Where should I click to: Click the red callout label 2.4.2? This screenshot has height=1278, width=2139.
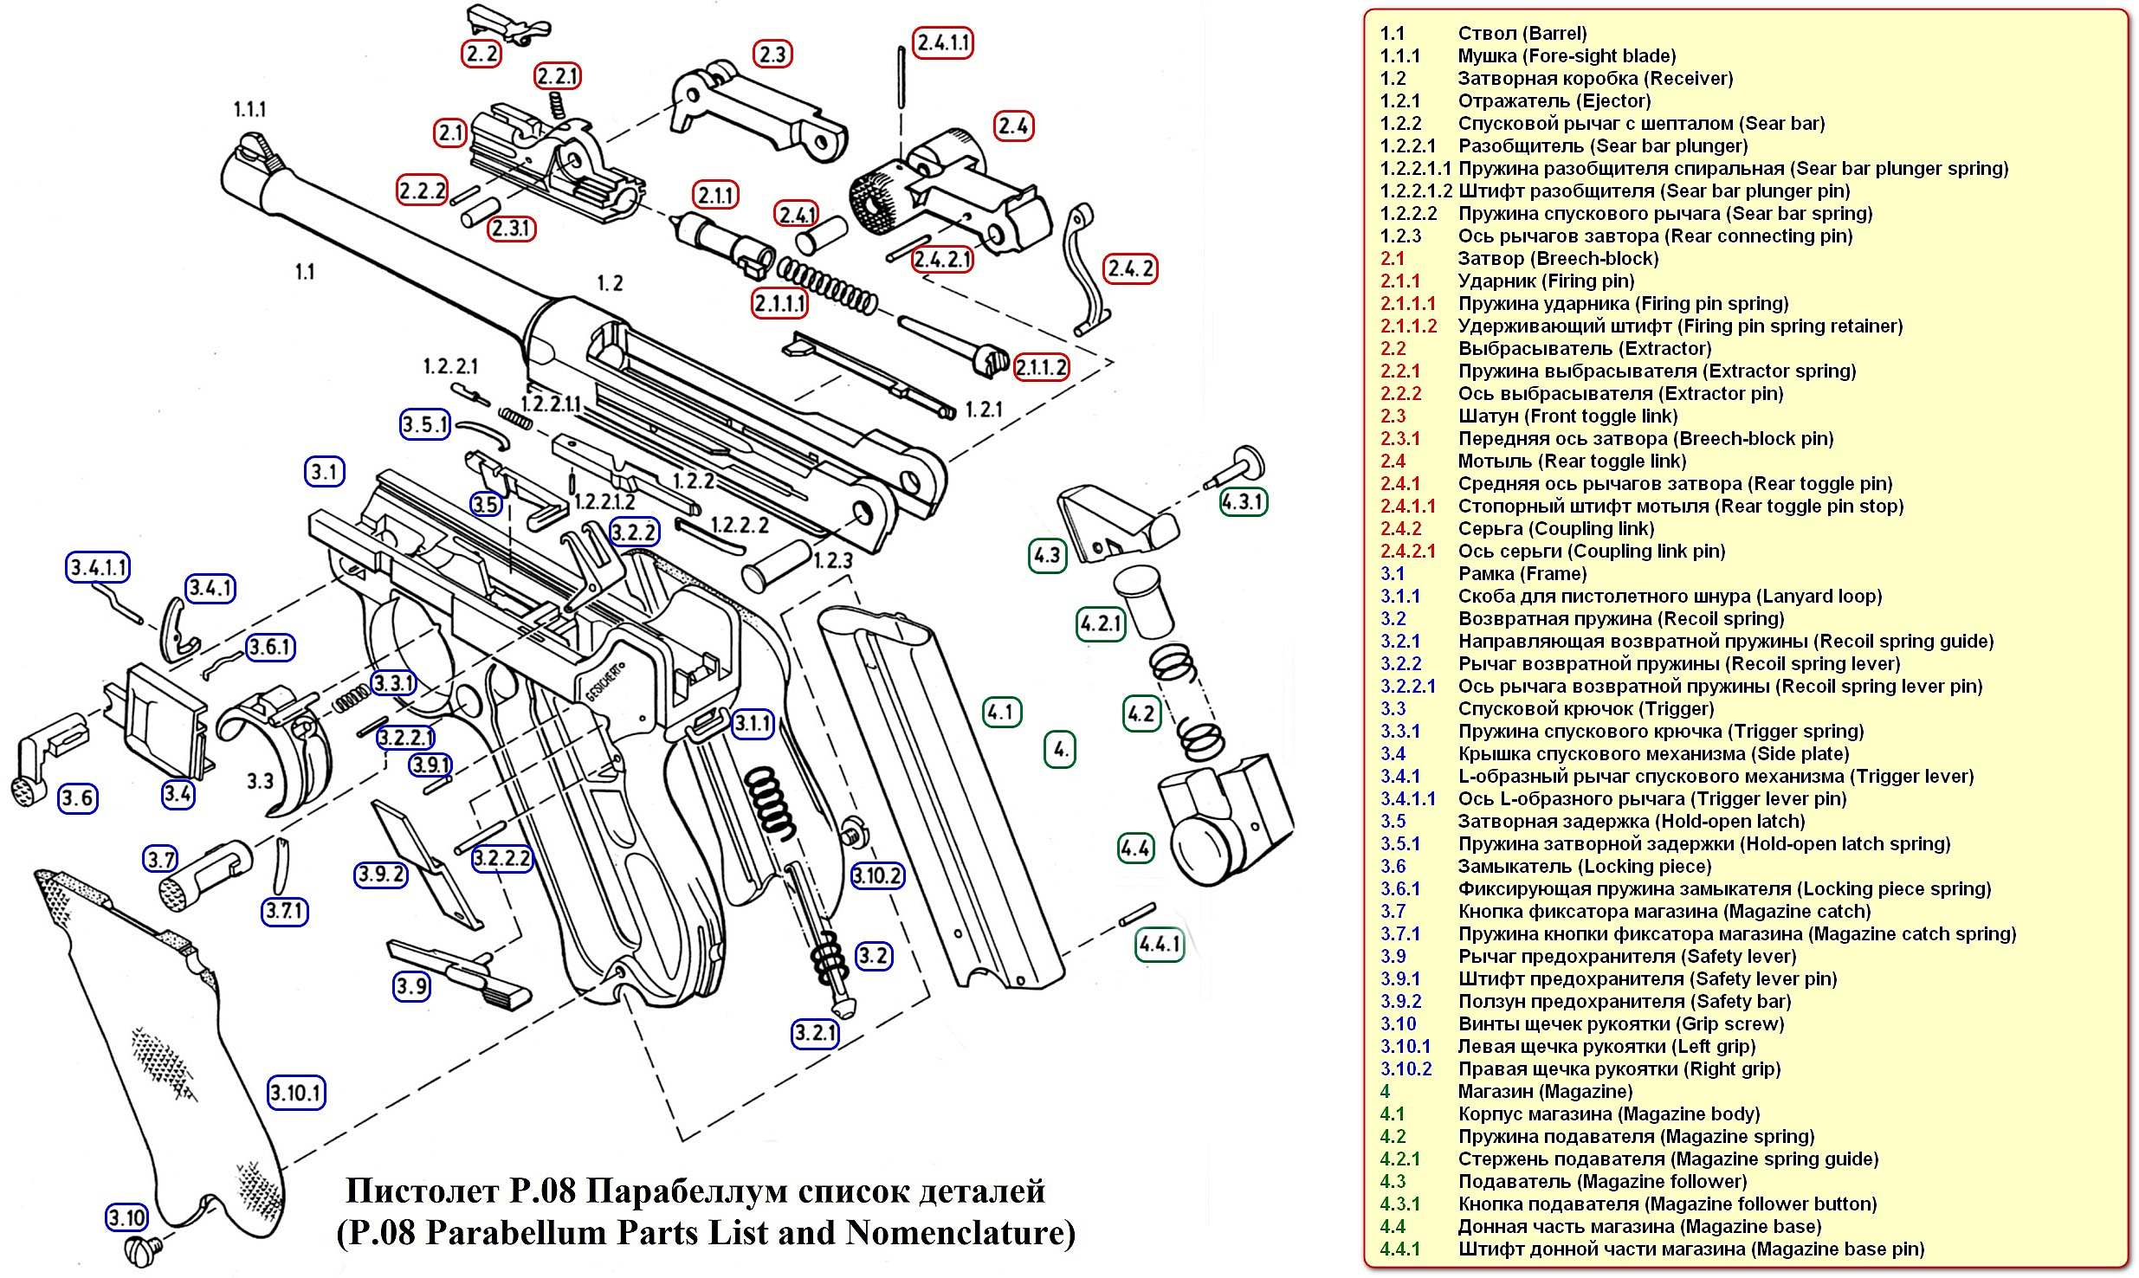click(x=1130, y=269)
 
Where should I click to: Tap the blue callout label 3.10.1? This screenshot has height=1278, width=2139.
click(x=295, y=1093)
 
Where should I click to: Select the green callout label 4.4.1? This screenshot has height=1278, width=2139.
click(x=1159, y=944)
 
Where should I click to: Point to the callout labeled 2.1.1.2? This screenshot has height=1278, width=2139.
click(x=1041, y=368)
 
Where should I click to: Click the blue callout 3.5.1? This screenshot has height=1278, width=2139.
click(x=425, y=424)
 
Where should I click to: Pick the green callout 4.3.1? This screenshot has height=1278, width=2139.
click(x=1243, y=501)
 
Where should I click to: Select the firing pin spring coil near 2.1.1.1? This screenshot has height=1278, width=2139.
click(x=827, y=285)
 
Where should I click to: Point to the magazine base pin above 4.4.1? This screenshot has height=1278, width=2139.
click(x=1137, y=913)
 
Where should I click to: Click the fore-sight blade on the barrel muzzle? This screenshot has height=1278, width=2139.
click(x=250, y=145)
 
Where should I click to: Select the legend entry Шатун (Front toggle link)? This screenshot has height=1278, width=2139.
click(x=1567, y=416)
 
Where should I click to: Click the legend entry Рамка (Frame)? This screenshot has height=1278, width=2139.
click(x=1522, y=574)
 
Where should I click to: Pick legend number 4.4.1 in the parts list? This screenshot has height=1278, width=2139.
click(x=1400, y=1249)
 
